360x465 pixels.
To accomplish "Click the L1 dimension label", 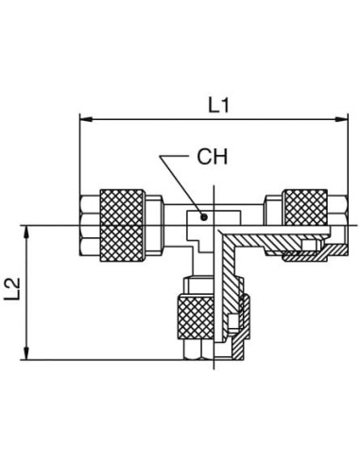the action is [x=219, y=105].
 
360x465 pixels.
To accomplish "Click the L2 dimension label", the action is [x=12, y=288].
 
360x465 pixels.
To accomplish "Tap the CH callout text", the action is [x=212, y=157].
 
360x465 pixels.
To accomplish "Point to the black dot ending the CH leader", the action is [x=204, y=216].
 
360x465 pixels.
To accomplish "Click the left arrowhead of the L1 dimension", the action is [x=86, y=119].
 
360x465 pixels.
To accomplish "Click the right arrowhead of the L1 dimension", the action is [x=342, y=119].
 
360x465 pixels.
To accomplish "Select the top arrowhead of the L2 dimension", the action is [x=27, y=232].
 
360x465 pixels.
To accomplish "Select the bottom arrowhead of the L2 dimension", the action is [x=27, y=353].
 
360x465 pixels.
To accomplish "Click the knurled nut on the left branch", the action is [x=122, y=225].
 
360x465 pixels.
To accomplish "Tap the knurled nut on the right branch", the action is [x=305, y=207].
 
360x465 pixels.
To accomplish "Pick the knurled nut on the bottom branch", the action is [x=196, y=317].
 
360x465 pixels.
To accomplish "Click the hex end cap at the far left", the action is [x=90, y=225].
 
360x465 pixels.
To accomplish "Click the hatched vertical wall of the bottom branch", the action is [x=228, y=274].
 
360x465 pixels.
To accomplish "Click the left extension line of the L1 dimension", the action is [x=80, y=154].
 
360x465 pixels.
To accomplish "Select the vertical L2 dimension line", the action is [x=27, y=293].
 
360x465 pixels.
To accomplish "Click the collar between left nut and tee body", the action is [x=154, y=225].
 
